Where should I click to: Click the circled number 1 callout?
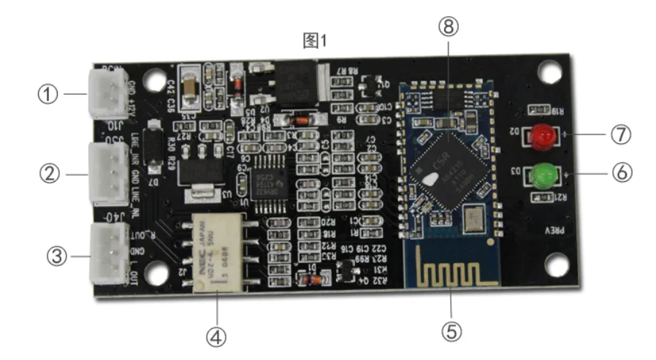tap(47, 94)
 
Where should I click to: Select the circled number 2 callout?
tap(47, 174)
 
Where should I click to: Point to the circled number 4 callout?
tap(216, 337)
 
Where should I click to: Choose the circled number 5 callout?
tap(451, 331)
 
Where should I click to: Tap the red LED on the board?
tap(542, 136)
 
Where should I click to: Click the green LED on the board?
tap(542, 175)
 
